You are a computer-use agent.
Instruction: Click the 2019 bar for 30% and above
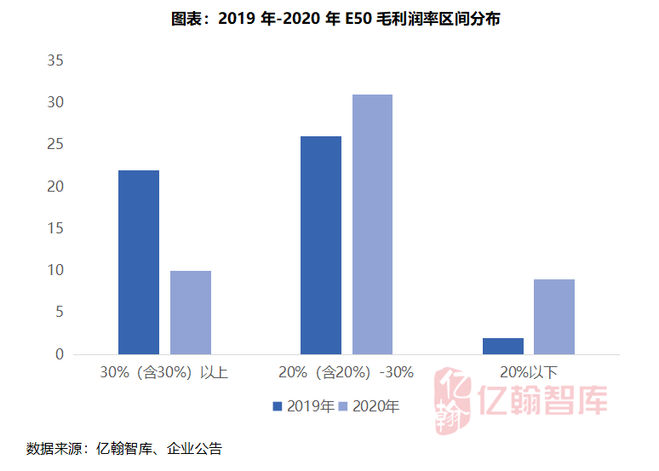point(138,262)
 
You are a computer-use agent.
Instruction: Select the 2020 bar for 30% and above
point(191,313)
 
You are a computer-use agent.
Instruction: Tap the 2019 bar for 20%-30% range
point(320,245)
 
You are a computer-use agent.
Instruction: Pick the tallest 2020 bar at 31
point(372,224)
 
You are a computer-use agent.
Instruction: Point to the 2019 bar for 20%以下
point(502,346)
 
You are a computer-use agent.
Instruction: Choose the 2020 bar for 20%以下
point(554,317)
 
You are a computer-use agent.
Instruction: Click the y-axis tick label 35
point(55,61)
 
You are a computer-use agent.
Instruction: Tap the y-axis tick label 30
point(55,103)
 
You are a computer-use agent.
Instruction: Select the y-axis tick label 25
point(55,145)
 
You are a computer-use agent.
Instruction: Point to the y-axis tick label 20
point(55,187)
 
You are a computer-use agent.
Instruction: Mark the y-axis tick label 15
point(55,228)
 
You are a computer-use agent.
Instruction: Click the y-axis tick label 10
point(55,270)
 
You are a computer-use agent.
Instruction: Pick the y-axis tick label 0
point(60,354)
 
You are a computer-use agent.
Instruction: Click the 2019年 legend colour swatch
point(277,406)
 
